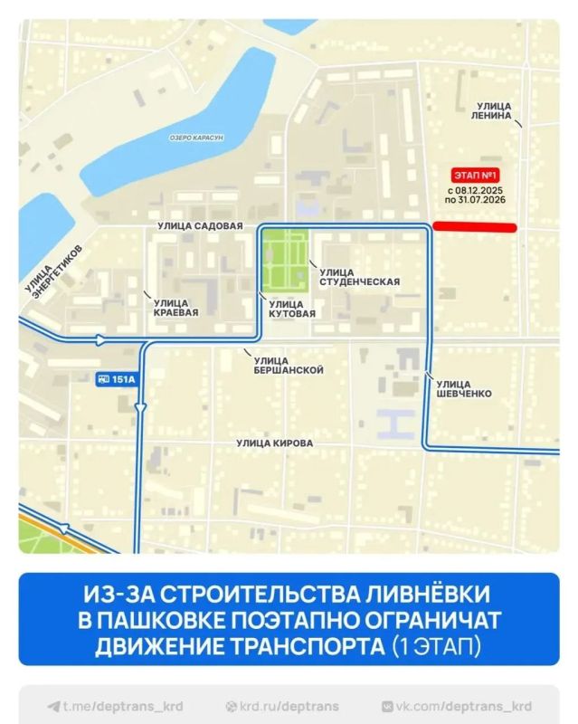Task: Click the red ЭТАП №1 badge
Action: coord(475,176)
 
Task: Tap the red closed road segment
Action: coord(475,228)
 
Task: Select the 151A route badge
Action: coord(115,379)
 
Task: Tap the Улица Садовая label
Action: coord(200,226)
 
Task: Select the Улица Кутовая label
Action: coord(292,309)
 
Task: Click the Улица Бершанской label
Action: coord(289,365)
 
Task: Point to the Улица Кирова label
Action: coord(275,443)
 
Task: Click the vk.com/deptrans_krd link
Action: coord(461,707)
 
